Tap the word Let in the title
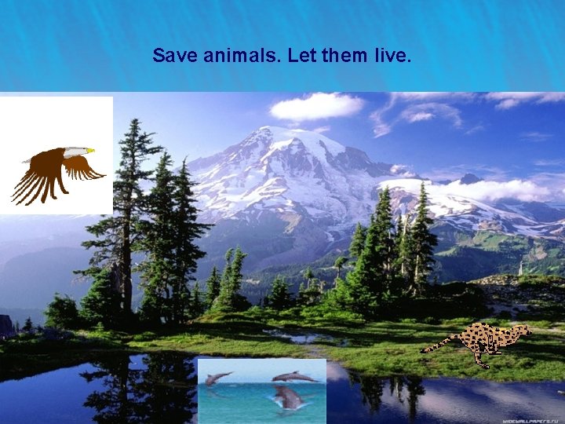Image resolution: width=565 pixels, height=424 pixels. (x=301, y=56)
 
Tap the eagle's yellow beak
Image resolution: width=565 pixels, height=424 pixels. (x=90, y=151)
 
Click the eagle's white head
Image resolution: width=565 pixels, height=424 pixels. (x=76, y=151)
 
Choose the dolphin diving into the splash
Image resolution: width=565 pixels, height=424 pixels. (x=287, y=397)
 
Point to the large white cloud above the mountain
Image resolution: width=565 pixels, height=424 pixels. (x=317, y=106)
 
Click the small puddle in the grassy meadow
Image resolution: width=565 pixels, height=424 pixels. (x=302, y=337)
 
